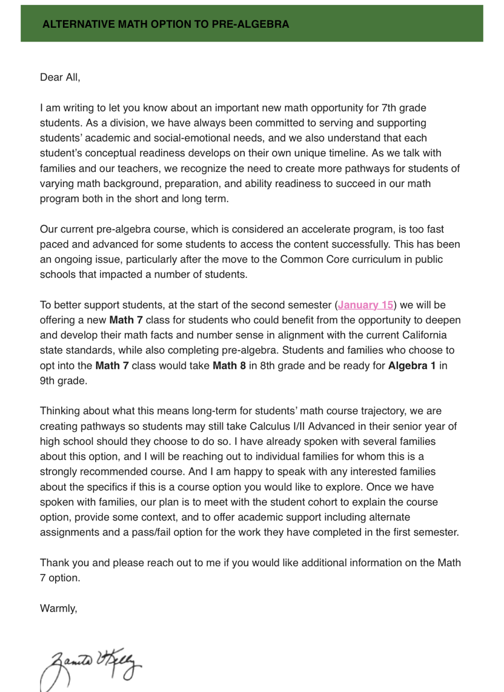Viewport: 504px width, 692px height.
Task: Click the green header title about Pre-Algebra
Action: point(166,24)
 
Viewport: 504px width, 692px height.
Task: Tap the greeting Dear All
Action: point(60,77)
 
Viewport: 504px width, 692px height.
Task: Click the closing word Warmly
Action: point(59,609)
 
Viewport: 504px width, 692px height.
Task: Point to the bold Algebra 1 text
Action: point(412,367)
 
